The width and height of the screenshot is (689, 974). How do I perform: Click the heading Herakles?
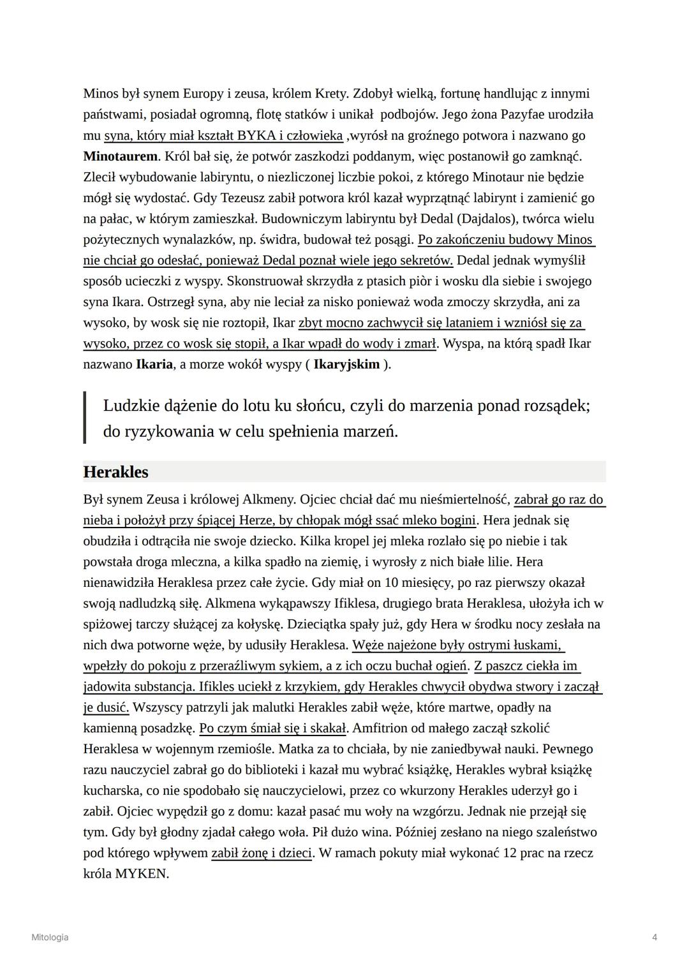[x=115, y=472]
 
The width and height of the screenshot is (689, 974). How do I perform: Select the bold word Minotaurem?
[x=120, y=156]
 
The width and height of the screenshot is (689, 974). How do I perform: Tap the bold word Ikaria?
[x=154, y=364]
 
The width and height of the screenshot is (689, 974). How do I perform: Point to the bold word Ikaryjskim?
[x=346, y=364]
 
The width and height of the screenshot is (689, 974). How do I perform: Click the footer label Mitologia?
[x=50, y=937]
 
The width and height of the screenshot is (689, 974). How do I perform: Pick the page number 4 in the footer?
[x=655, y=937]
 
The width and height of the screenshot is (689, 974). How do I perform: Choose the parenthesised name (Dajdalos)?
[x=488, y=219]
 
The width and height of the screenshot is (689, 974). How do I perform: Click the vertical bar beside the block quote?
[x=85, y=418]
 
